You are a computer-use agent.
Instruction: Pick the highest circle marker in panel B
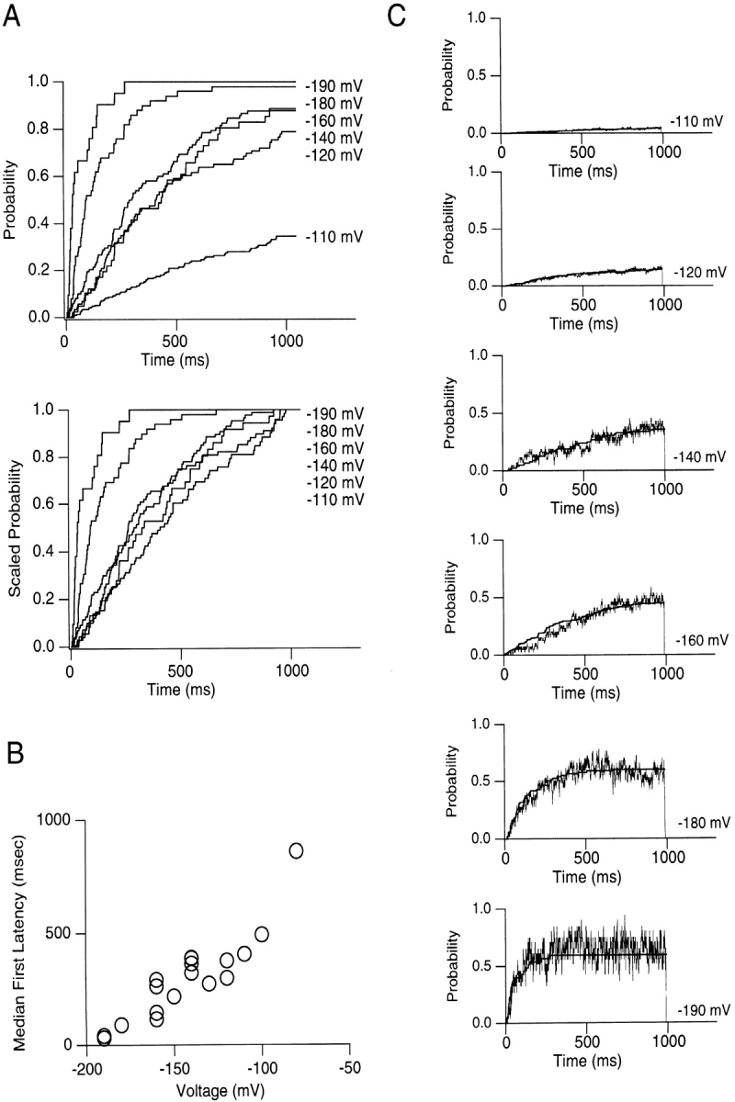(x=296, y=850)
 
